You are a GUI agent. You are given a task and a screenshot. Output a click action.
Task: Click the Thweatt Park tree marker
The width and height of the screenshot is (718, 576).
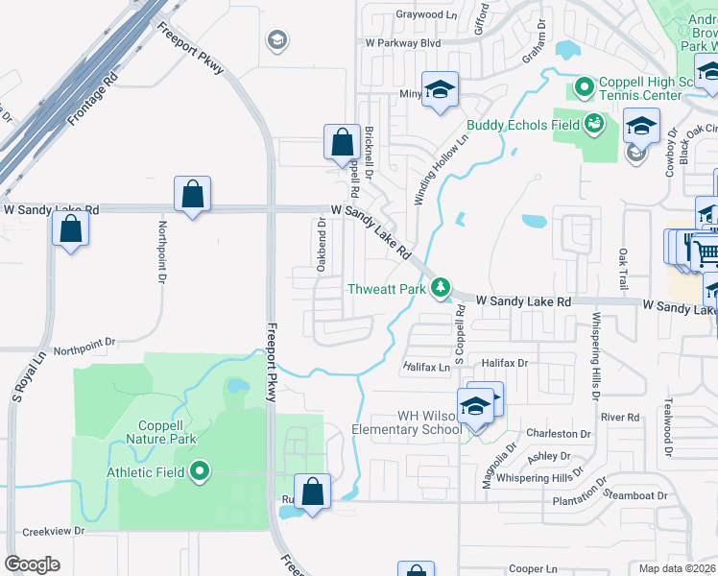click(441, 287)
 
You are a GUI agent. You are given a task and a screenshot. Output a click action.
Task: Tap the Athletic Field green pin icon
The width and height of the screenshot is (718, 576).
click(200, 471)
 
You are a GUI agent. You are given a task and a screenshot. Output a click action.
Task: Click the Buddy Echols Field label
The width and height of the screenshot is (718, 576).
click(523, 125)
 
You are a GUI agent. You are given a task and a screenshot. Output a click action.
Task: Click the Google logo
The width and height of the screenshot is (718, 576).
click(32, 564)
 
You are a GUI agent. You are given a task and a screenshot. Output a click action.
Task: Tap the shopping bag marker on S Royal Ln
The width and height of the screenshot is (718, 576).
click(70, 229)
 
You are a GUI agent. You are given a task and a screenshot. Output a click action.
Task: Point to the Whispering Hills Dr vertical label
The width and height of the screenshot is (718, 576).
click(595, 355)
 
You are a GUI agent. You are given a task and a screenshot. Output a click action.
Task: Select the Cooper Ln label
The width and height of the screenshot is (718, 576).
click(534, 569)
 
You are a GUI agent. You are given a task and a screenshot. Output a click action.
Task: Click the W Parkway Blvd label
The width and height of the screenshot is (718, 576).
click(402, 43)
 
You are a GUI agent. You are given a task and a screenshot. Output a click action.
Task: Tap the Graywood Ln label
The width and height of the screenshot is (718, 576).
click(427, 14)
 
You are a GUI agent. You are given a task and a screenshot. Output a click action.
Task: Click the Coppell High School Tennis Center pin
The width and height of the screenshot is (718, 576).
click(585, 89)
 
